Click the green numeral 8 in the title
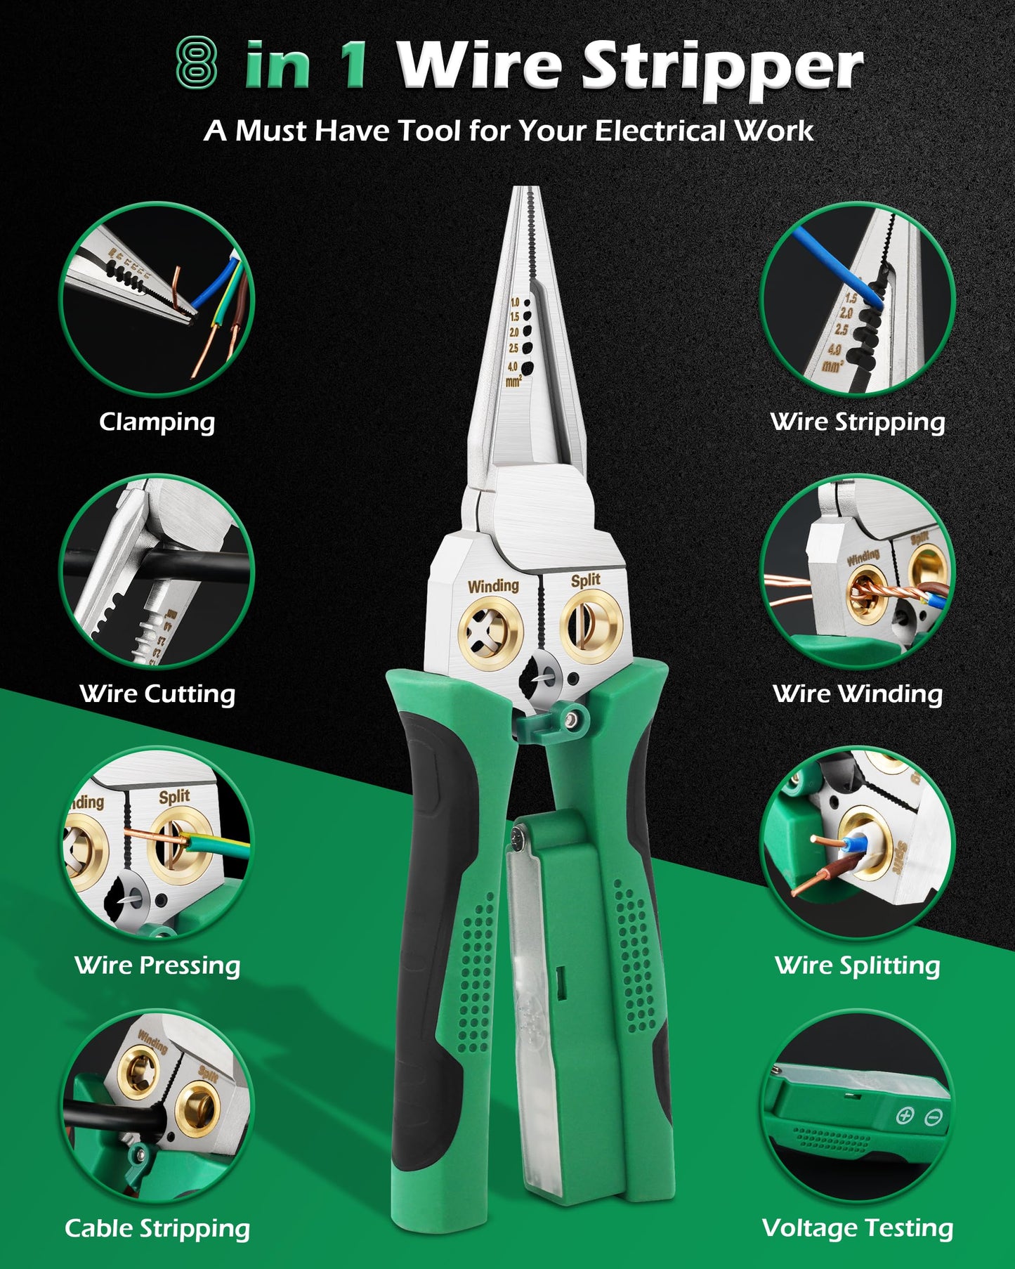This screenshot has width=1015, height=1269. click(x=196, y=63)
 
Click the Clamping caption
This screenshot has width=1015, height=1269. click(x=157, y=422)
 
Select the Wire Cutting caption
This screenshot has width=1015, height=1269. click(x=157, y=694)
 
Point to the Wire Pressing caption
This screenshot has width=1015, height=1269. click(x=157, y=965)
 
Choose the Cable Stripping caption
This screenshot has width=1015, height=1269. click(x=157, y=1228)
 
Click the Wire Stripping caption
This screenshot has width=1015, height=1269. click(x=858, y=422)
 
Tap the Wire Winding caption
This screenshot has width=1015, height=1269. click(x=858, y=694)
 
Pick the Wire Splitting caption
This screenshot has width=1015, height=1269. click(x=858, y=965)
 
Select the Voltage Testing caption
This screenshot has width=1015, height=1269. click(x=858, y=1228)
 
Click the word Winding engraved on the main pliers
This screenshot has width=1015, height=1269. click(x=493, y=585)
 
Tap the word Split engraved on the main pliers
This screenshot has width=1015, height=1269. click(x=585, y=580)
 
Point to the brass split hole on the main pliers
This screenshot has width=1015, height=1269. click(x=591, y=625)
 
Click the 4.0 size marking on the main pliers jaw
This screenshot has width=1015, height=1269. click(x=512, y=367)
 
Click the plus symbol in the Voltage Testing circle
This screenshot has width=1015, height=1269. click(x=905, y=1115)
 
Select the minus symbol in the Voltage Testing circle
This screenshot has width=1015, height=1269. click(x=934, y=1117)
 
